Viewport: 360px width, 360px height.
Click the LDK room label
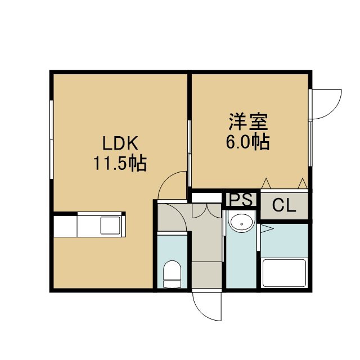120,143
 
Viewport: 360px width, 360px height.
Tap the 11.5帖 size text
120,164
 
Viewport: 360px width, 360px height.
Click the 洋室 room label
248,121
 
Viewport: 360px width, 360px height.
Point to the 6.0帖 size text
247,142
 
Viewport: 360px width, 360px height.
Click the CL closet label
284,205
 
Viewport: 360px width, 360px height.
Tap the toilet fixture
172,274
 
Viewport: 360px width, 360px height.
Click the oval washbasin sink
241,223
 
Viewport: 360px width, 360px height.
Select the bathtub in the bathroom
284,273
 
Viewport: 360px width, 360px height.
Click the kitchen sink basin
110,225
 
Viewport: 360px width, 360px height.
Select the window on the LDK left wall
51,139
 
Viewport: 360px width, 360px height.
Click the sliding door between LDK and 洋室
190,154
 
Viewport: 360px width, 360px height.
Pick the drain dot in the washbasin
241,224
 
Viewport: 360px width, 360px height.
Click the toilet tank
172,284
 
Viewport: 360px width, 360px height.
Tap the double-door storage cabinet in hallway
206,210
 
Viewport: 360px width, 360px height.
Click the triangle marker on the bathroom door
267,229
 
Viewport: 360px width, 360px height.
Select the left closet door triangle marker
266,183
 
